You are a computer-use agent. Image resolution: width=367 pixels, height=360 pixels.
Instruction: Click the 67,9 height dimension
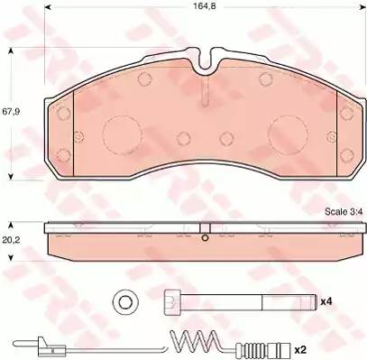(x=11, y=112)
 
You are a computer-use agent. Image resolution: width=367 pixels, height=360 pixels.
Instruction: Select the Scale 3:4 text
(x=344, y=212)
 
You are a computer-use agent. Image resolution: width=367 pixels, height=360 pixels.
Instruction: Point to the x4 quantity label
(x=326, y=301)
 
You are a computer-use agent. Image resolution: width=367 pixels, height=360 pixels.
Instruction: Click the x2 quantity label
(x=300, y=350)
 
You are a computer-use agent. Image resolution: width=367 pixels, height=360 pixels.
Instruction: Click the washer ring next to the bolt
(x=125, y=302)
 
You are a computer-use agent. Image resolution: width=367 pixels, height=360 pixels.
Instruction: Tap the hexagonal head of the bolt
(x=172, y=302)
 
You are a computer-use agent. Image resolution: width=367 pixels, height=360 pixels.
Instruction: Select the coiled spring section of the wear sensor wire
(x=194, y=340)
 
